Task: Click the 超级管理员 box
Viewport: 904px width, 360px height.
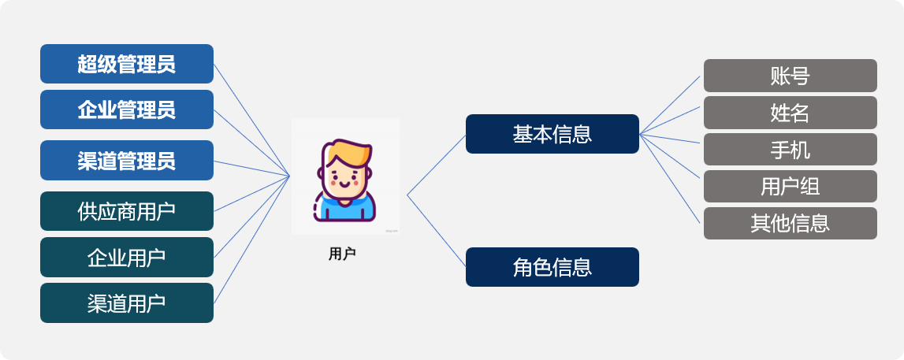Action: coord(127,64)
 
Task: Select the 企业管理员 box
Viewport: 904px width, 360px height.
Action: coord(127,109)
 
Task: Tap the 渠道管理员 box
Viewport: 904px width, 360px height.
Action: coord(127,161)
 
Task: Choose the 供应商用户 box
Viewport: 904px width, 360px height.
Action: coord(127,211)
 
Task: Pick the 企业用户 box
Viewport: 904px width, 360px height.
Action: coord(127,257)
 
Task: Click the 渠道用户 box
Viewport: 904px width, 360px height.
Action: coord(127,303)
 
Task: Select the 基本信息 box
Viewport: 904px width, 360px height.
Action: coord(552,134)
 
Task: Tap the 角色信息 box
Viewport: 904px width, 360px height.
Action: coord(552,267)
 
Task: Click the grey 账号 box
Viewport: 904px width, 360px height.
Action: coord(791,76)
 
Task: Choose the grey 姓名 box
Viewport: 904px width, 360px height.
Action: coord(791,113)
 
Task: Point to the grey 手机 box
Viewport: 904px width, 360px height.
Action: coord(791,150)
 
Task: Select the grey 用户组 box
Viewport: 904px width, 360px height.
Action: coord(791,187)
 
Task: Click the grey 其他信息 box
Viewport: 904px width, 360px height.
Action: coord(791,224)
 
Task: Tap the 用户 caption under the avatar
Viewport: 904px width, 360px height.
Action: coord(343,254)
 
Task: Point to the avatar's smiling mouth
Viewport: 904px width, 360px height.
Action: coord(344,185)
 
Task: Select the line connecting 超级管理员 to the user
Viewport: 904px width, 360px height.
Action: coord(251,120)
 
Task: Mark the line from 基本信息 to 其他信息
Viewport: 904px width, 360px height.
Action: coord(670,179)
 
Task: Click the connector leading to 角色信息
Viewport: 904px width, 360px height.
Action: coord(437,231)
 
